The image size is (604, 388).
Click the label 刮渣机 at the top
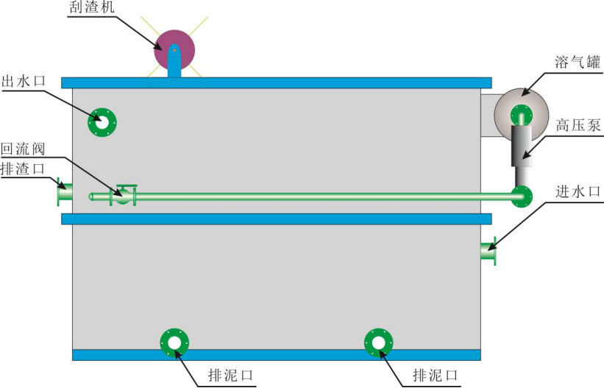[92, 7]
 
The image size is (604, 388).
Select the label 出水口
[24, 82]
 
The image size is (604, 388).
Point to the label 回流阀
[23, 149]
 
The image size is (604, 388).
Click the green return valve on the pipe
[123, 196]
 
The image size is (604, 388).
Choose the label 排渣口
[23, 169]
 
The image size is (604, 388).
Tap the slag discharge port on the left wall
[65, 191]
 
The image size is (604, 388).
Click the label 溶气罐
[578, 62]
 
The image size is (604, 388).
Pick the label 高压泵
[578, 125]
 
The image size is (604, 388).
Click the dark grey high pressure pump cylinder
[522, 146]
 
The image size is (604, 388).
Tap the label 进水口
[578, 191]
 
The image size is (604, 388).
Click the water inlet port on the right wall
[488, 251]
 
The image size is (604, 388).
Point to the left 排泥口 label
[231, 375]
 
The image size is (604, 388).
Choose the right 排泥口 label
[436, 375]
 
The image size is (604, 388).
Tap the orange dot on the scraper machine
[174, 50]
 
